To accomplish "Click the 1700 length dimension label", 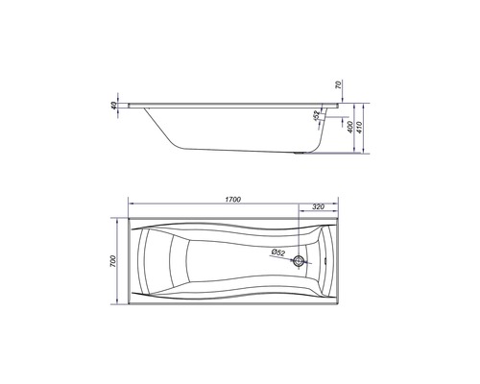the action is tap(232, 200).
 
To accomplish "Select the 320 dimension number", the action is tap(318, 207).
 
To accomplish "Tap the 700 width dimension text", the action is tap(114, 261).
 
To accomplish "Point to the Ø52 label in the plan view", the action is tap(277, 252).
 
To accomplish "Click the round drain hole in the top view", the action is tap(300, 261).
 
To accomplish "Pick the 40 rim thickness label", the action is tap(113, 106).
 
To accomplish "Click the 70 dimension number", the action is tap(339, 84).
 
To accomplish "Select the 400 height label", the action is tap(349, 127).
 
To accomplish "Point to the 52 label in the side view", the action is tap(316, 115).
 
